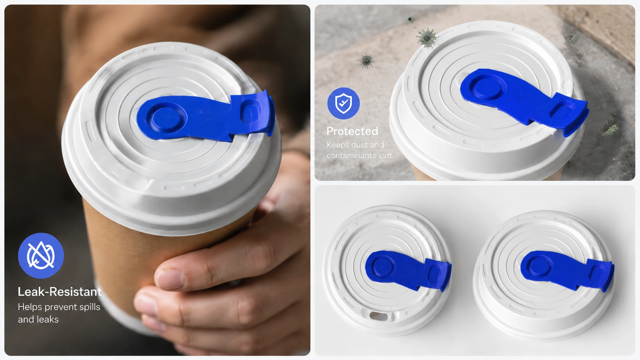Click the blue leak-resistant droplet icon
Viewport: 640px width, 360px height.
click(41, 255)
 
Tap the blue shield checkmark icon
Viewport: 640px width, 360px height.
click(343, 103)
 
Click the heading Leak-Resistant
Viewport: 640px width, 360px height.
click(59, 292)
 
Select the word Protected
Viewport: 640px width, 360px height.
click(352, 131)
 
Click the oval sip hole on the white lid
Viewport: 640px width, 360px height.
click(379, 316)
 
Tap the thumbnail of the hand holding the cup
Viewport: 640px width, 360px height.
click(157, 180)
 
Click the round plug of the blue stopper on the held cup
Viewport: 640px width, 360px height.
click(166, 117)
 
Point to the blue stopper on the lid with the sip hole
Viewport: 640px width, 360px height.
click(408, 270)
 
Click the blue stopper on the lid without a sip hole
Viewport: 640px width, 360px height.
click(567, 270)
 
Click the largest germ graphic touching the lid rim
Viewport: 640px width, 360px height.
click(426, 38)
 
